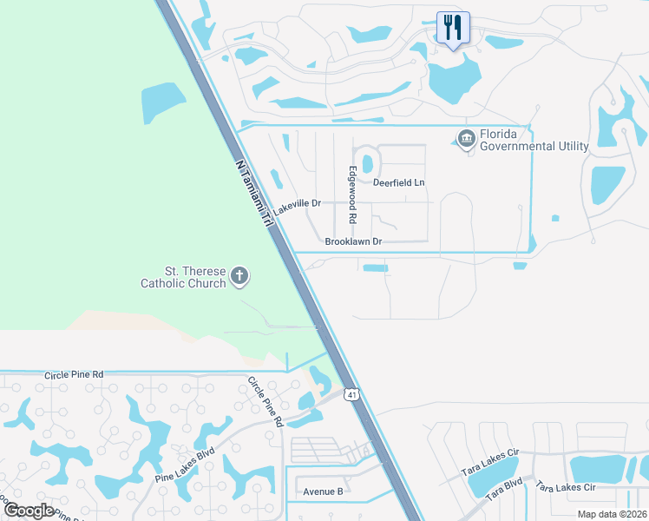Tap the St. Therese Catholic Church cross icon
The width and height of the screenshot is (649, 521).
point(240,277)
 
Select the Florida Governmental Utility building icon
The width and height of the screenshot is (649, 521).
point(467,138)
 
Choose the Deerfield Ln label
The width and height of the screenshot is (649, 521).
point(399,182)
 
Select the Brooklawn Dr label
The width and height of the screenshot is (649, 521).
point(353,241)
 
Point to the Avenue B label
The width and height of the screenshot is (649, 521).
point(323,491)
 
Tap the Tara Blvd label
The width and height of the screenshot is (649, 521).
point(504,490)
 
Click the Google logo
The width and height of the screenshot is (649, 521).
point(28,510)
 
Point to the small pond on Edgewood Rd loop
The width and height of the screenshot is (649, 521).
point(366,163)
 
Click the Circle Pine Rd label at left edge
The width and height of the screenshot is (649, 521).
point(74,373)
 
